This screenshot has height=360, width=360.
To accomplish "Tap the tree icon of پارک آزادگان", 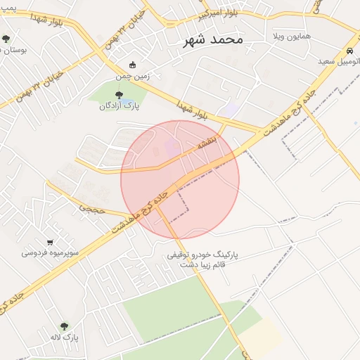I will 118,95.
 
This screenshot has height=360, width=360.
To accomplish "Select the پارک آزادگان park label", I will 119,106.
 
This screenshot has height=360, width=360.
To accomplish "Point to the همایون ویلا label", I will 291,35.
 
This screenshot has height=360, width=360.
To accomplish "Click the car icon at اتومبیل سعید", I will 349,51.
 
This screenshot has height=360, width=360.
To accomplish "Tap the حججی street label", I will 91,208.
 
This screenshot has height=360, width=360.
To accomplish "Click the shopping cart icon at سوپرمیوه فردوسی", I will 49,242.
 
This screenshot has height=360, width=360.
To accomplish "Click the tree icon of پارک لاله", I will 64,326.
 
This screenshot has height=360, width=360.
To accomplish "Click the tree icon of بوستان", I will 6,39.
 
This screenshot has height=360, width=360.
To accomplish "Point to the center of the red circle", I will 180,180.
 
